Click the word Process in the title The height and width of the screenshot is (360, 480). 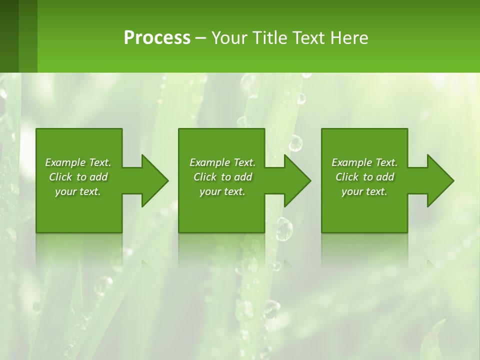pyautogui.click(x=157, y=37)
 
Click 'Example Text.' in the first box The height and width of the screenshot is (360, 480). pyautogui.click(x=78, y=162)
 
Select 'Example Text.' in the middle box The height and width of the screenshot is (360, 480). pyautogui.click(x=222, y=162)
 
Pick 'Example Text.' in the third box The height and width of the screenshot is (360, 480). pyautogui.click(x=364, y=162)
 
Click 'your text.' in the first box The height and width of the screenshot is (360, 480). pyautogui.click(x=78, y=191)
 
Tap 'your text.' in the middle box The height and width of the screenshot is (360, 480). pyautogui.click(x=222, y=191)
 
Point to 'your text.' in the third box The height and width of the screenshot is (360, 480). pyautogui.click(x=364, y=191)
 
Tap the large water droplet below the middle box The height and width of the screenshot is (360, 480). pyautogui.click(x=284, y=229)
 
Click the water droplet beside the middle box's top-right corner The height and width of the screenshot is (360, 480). pyautogui.click(x=295, y=143)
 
